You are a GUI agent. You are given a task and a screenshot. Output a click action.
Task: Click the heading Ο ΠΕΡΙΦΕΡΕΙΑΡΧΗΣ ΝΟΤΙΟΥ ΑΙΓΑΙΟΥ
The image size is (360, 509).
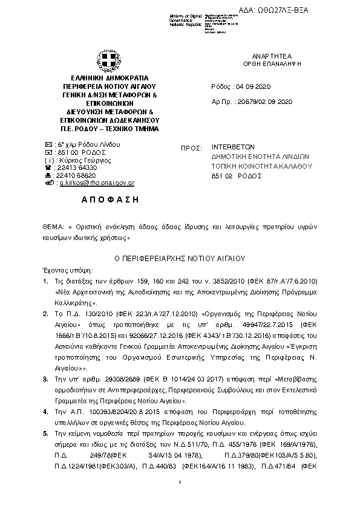coord(179,257)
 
